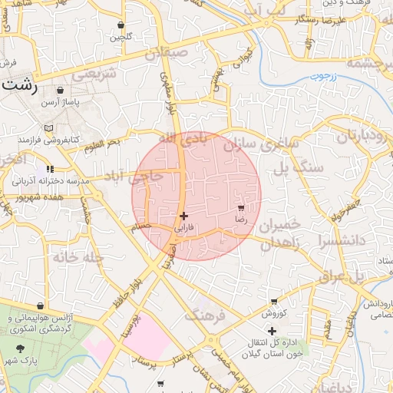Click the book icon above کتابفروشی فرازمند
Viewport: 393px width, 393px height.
[49, 128]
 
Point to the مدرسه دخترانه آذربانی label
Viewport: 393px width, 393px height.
[51, 181]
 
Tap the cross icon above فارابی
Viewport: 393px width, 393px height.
[183, 216]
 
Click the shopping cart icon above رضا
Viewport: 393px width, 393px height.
[241, 208]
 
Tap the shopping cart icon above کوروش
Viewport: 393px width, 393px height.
[274, 302]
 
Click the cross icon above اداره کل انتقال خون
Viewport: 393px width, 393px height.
[272, 331]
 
